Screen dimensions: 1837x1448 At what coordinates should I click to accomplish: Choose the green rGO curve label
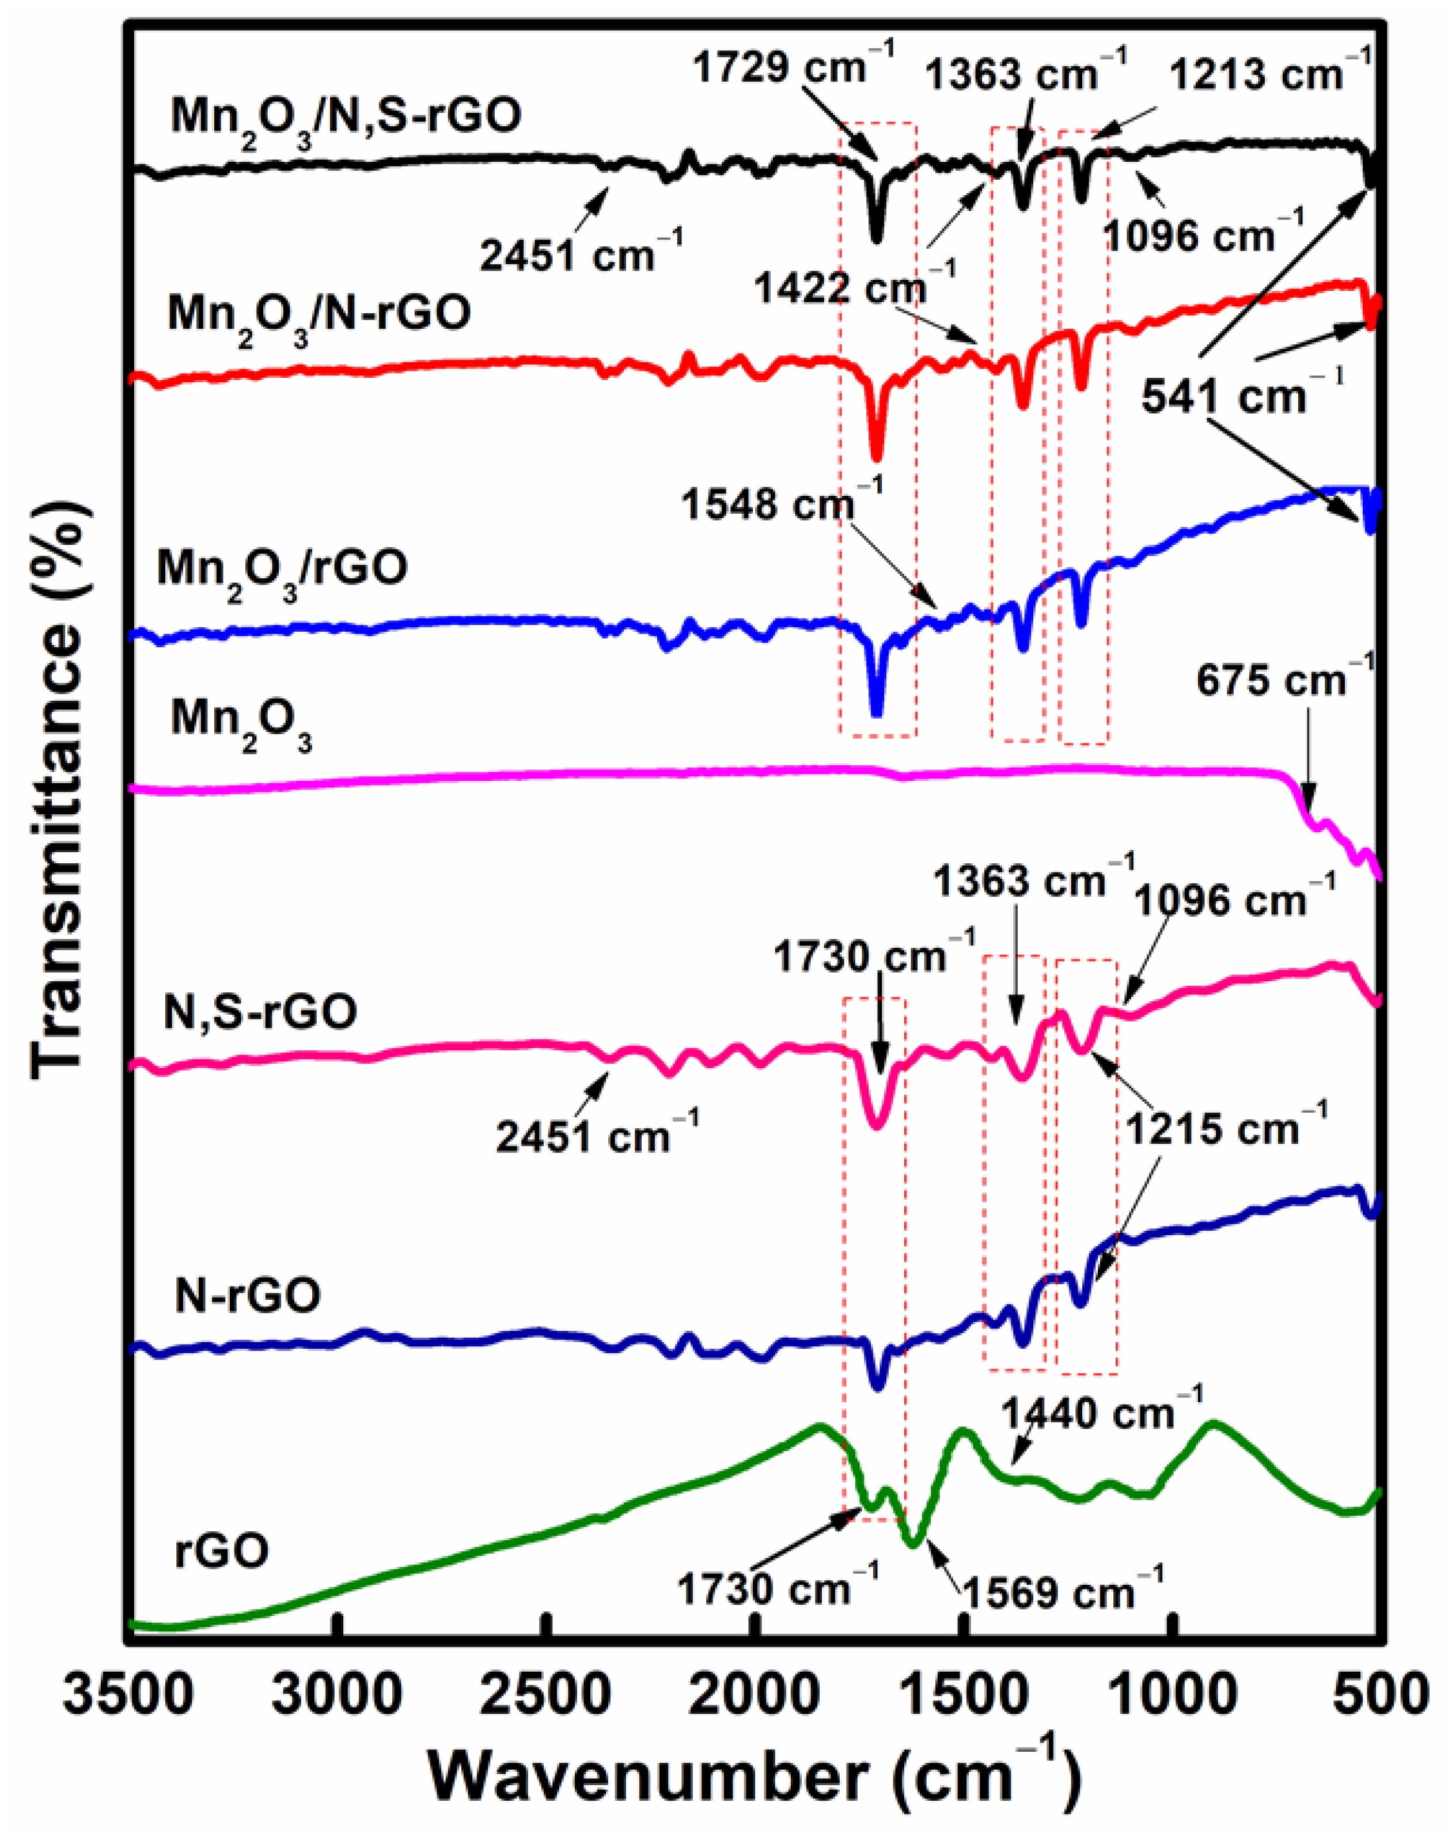222,1550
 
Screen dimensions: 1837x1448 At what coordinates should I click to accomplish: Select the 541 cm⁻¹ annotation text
1241,396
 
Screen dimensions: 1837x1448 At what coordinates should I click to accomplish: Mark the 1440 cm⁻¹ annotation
1101,1412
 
